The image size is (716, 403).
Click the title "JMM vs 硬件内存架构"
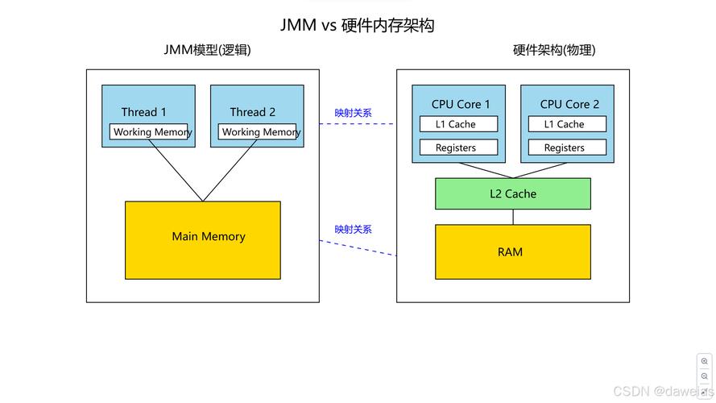[x=357, y=25]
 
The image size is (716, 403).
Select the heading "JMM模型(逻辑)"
[x=207, y=50]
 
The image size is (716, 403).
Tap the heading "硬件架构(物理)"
[x=554, y=50]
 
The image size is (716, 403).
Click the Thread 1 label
[x=144, y=112]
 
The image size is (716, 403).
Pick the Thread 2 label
[x=252, y=112]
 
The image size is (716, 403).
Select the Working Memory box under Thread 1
[x=149, y=132]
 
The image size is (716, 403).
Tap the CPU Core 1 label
[x=461, y=104]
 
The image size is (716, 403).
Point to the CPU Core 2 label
[x=569, y=104]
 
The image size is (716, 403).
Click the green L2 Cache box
[x=513, y=193]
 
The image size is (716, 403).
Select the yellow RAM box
[x=513, y=252]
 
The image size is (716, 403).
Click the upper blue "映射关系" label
[x=354, y=113]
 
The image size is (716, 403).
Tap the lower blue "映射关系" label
[x=354, y=229]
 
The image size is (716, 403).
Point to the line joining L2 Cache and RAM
[x=513, y=217]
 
